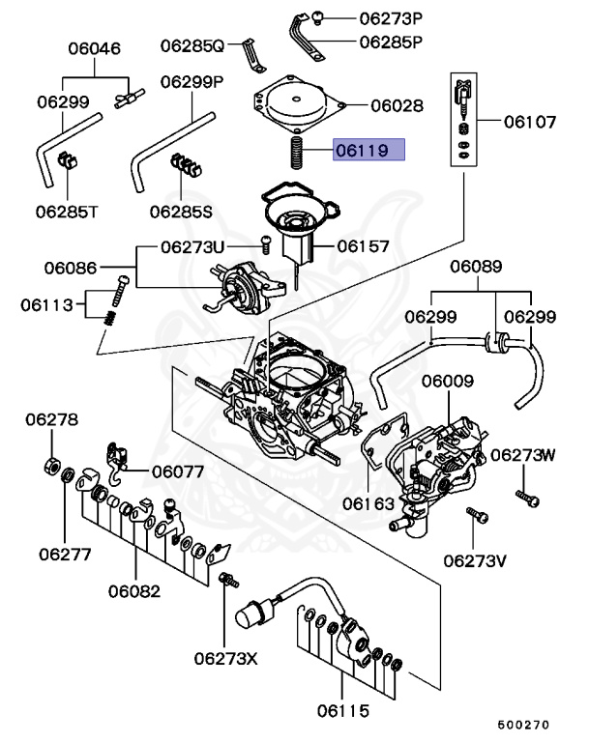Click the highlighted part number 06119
369,150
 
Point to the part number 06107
530,124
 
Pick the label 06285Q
191,44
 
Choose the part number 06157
363,246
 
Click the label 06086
72,264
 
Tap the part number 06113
47,305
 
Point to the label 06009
447,382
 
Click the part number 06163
372,503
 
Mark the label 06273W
522,454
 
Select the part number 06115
342,712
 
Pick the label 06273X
225,659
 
